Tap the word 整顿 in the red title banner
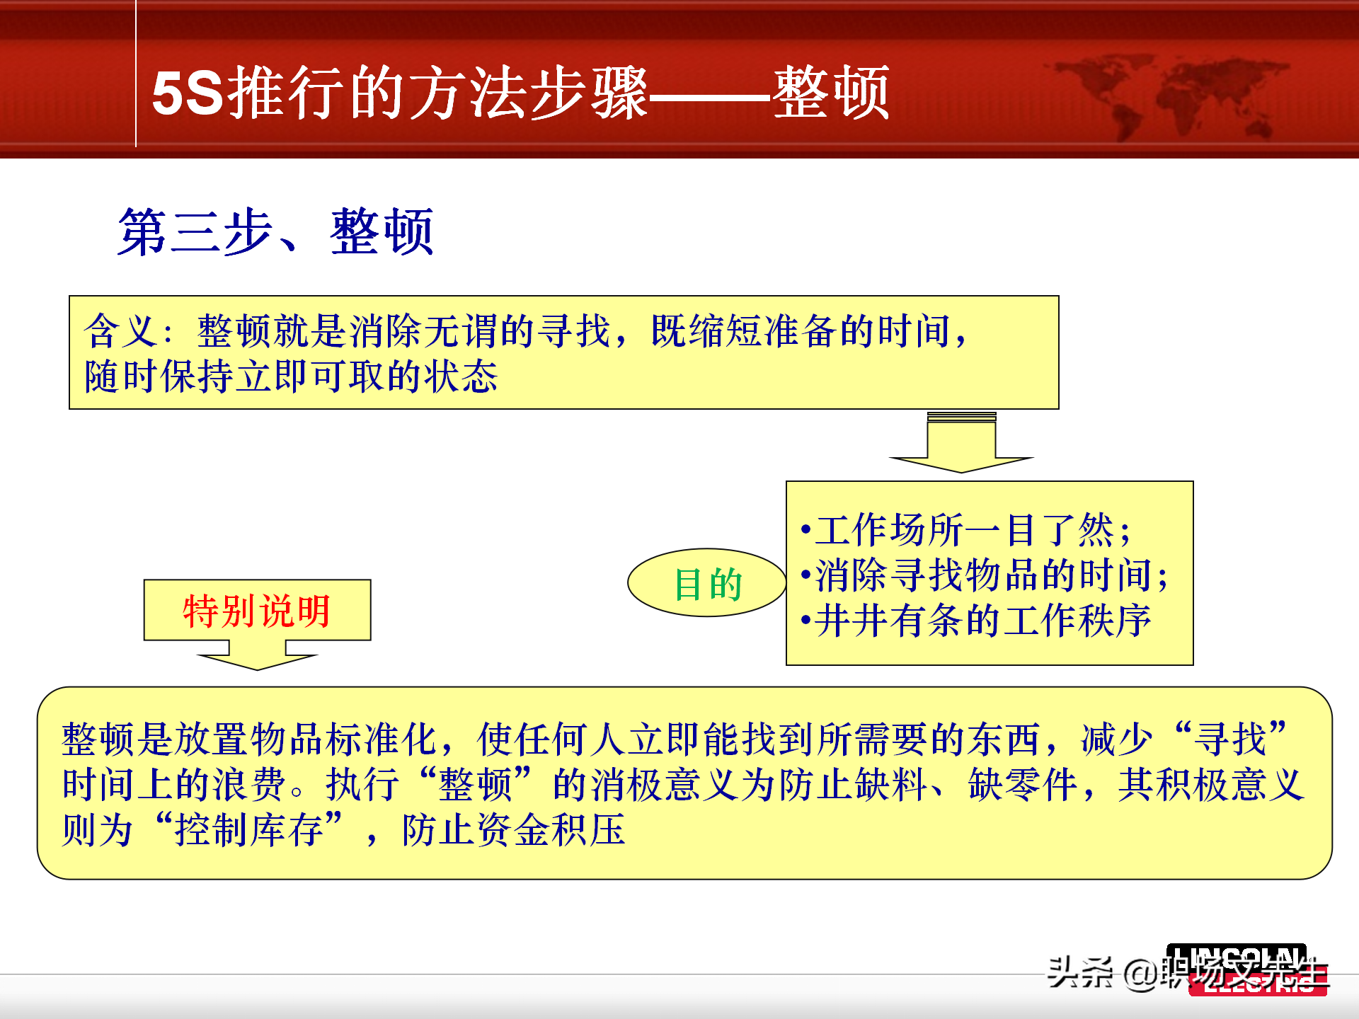coord(831,93)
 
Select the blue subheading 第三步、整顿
coord(275,232)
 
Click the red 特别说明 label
coord(257,611)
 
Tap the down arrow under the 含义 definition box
coord(961,446)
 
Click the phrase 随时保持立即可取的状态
coord(291,376)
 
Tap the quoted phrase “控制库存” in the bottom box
coord(249,829)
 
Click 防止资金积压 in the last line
coord(513,829)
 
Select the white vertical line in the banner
coord(135,74)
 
